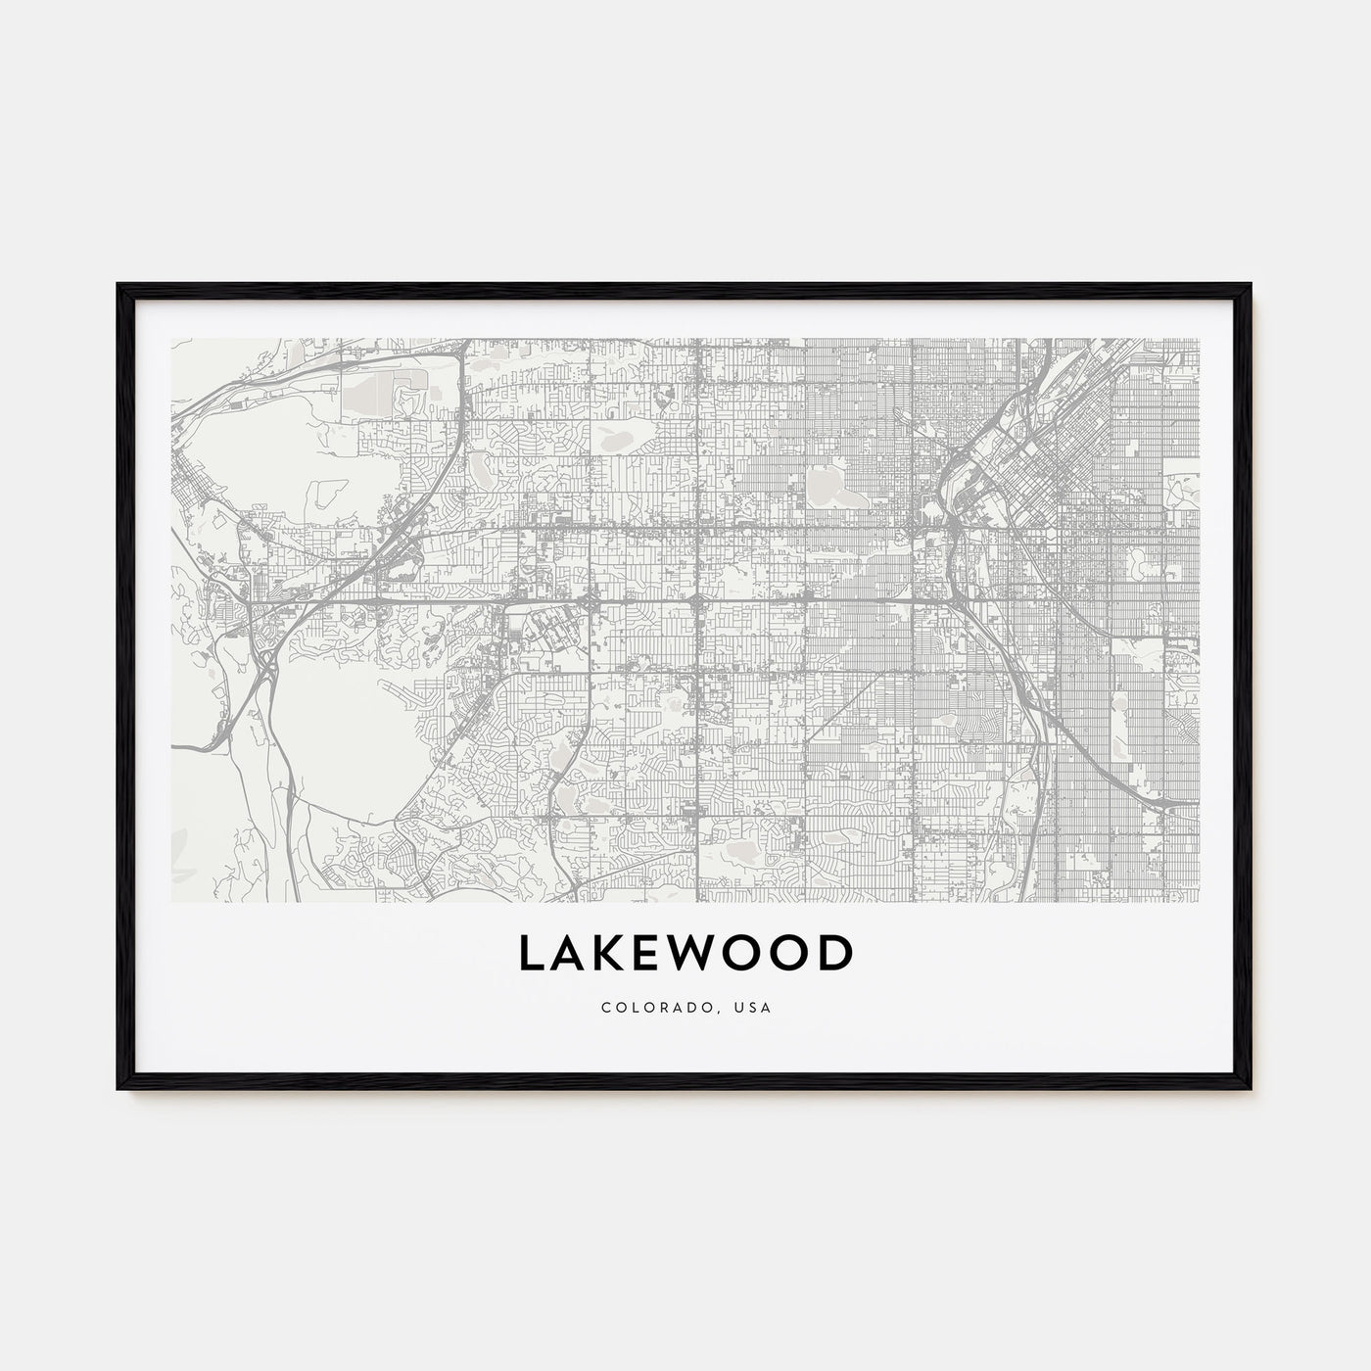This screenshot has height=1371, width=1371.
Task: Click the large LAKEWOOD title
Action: click(685, 955)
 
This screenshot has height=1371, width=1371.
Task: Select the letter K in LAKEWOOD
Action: click(614, 955)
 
